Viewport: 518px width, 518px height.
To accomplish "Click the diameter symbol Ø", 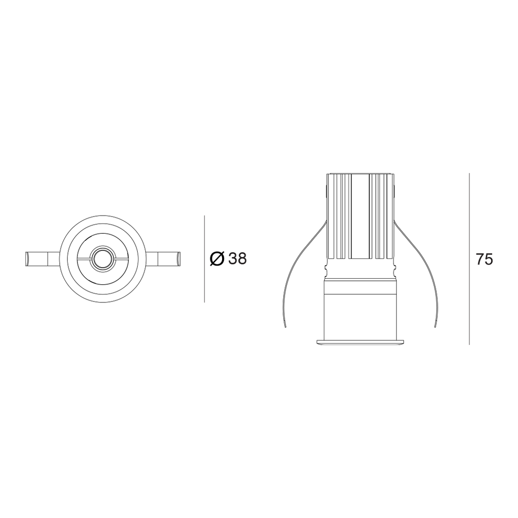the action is [x=217, y=258].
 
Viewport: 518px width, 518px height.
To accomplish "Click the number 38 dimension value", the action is [x=238, y=258].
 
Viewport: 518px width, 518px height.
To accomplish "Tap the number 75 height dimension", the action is [x=484, y=260].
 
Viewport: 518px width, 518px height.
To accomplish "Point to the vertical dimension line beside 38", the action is [x=204, y=259].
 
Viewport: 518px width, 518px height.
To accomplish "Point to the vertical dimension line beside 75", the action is [x=469, y=259].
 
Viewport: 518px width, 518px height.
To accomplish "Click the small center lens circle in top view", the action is [x=103, y=258].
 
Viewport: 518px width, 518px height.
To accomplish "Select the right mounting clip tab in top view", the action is [x=162, y=258].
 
